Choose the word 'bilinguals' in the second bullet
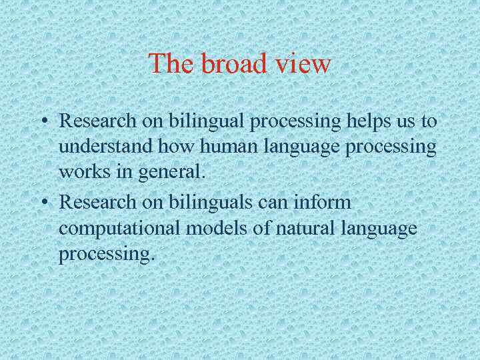193,202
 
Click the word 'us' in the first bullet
413,123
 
